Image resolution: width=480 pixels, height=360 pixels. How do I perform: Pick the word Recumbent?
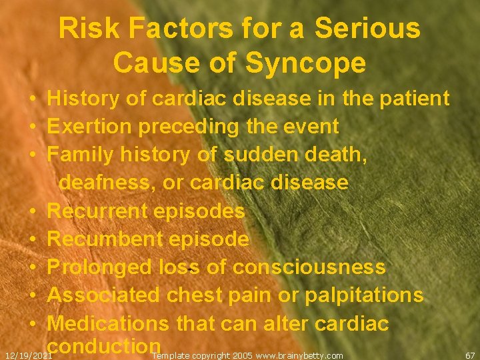[101, 239]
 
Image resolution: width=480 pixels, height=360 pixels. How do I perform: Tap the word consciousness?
[309, 267]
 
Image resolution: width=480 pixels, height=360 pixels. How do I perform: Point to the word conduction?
[105, 346]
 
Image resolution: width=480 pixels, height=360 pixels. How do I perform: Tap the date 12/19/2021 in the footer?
[29, 356]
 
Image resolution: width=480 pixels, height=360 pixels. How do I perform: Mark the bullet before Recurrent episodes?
[32, 212]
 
